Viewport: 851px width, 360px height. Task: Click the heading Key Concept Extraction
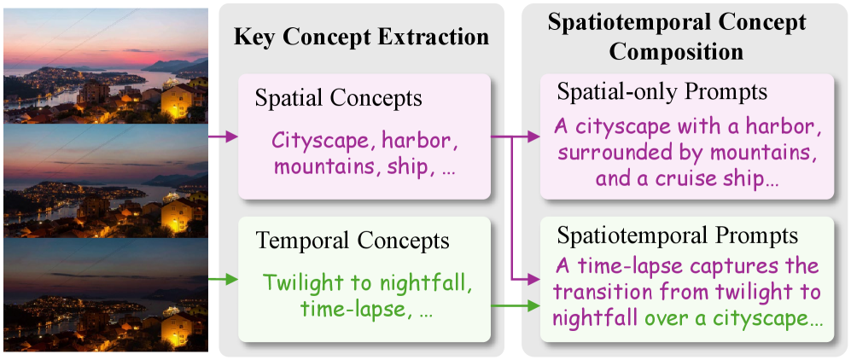pos(361,37)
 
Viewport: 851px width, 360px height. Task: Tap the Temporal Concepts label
pos(325,242)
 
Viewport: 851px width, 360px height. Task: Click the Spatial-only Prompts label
pos(662,91)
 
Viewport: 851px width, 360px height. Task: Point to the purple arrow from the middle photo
pos(223,135)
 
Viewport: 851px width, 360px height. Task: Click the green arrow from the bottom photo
pos(223,278)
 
